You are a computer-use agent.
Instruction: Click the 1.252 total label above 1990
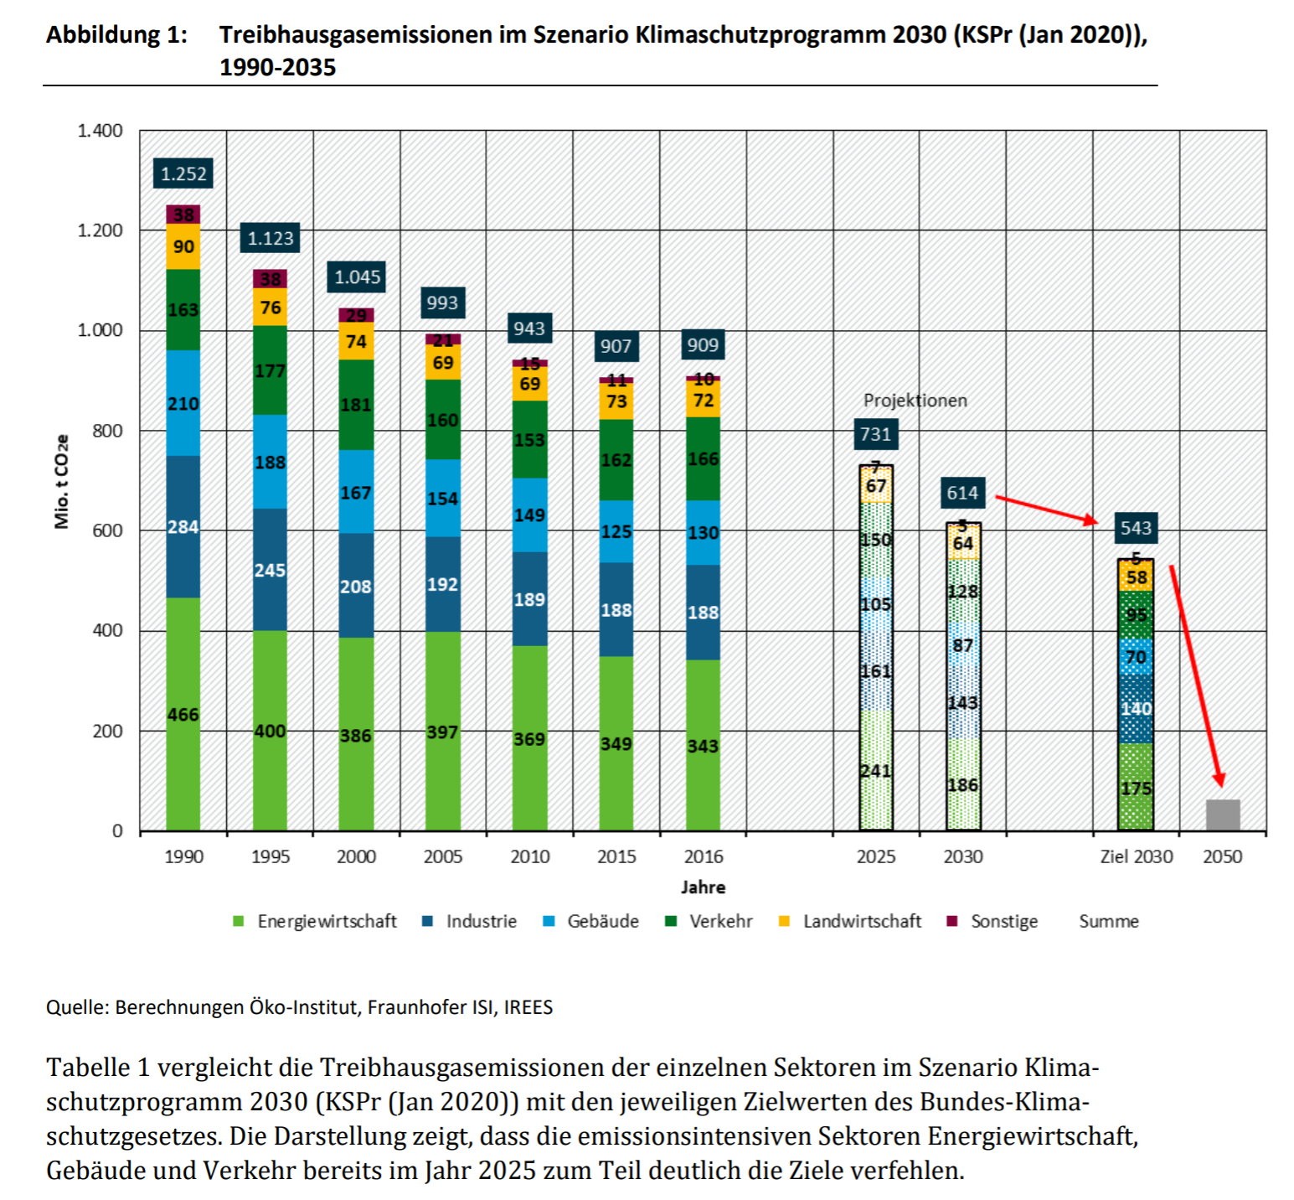(183, 173)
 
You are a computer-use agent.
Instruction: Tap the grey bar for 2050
(1223, 815)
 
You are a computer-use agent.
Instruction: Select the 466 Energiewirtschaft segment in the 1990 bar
(183, 714)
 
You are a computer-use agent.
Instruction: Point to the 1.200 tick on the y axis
(100, 230)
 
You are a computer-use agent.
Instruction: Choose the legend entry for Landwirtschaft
(850, 921)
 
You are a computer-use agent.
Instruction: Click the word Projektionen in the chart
(915, 401)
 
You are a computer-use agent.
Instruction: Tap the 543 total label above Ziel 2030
(1136, 528)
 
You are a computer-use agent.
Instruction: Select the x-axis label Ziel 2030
(1137, 856)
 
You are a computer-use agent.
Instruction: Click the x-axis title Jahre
(703, 887)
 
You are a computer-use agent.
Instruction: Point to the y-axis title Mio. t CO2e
(62, 481)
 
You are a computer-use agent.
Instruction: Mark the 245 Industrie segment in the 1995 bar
(270, 570)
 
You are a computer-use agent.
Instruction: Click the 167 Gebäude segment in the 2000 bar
(356, 492)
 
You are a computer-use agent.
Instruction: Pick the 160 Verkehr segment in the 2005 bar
(443, 419)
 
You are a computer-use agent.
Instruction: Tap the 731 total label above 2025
(876, 433)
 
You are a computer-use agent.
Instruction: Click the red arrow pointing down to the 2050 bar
(1196, 675)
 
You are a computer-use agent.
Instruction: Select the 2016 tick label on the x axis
(703, 856)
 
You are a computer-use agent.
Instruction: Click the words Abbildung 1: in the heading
(117, 35)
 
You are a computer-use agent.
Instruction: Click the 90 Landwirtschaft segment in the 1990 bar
(183, 246)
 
